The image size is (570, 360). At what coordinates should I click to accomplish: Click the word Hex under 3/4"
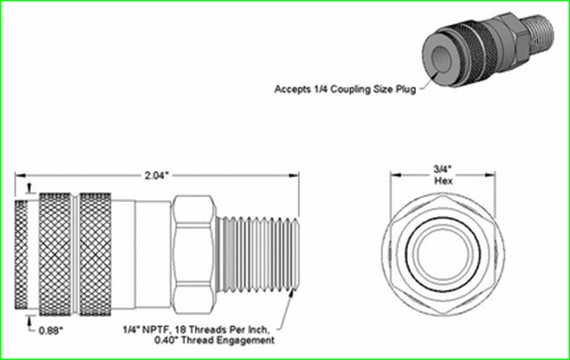pyautogui.click(x=443, y=180)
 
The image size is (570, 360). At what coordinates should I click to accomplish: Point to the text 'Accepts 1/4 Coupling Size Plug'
pyautogui.click(x=345, y=89)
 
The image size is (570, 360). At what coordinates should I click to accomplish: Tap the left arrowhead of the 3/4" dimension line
pyautogui.click(x=394, y=176)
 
